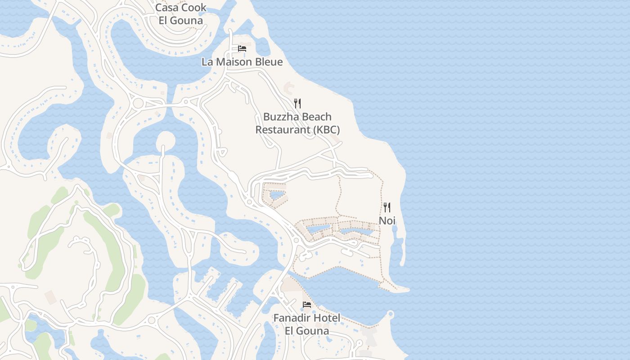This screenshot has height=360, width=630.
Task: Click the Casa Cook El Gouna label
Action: point(180,14)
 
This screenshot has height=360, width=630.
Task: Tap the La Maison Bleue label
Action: point(242,62)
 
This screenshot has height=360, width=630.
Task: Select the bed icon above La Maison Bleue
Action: point(242,49)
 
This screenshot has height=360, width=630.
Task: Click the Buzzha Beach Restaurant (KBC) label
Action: point(297,123)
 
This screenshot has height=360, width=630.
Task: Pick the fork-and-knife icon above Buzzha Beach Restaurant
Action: point(297,103)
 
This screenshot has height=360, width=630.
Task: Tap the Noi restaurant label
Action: point(387,220)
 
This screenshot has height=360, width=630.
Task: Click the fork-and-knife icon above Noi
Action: point(387,207)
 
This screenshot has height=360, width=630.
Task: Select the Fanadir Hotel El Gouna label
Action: point(307,324)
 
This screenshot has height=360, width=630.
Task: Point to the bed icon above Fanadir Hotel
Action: point(307,305)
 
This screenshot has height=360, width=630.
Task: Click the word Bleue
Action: point(268,62)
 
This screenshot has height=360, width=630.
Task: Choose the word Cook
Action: point(194,8)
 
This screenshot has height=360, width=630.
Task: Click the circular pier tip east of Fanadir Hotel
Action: point(390,314)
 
